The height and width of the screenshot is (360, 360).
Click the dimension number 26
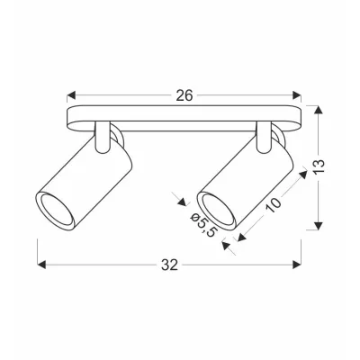(184, 94)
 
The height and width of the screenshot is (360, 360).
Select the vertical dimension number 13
(330, 166)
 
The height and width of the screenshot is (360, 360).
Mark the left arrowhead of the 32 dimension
(41, 264)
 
